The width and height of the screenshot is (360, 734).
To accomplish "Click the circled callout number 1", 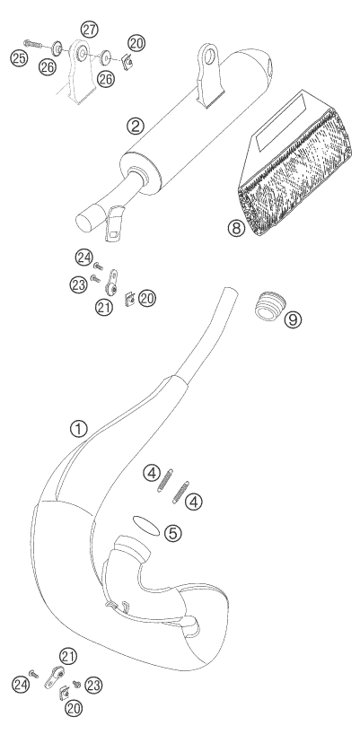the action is (79, 428).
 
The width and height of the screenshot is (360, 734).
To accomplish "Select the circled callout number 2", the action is (136, 125).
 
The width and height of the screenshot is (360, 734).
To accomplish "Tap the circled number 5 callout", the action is (172, 533).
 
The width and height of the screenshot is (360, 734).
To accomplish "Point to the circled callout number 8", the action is (236, 228).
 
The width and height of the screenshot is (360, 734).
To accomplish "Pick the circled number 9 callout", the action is (293, 319).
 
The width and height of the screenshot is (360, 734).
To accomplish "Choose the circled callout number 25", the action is (19, 58).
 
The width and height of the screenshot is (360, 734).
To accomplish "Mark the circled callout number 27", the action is (89, 30).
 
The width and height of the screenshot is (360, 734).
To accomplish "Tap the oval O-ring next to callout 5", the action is (147, 525).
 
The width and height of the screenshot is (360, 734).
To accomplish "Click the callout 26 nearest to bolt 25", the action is (48, 67).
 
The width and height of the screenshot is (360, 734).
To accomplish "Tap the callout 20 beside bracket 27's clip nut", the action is (136, 44).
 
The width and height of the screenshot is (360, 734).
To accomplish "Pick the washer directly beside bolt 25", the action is (58, 48).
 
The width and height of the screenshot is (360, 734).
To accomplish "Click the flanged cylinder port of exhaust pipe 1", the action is (132, 546).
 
